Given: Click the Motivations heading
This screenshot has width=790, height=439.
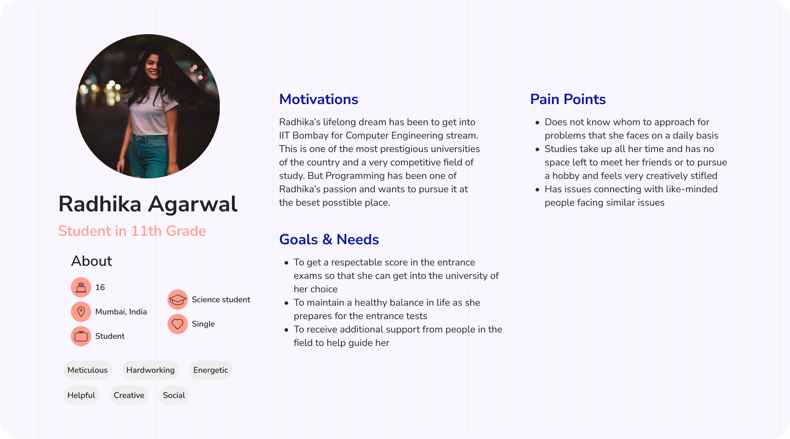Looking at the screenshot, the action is point(318,99).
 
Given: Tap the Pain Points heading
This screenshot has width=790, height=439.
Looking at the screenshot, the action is point(568,99).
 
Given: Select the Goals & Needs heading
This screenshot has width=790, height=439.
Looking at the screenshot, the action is point(329,239).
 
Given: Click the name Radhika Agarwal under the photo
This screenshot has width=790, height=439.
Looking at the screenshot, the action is point(148,204).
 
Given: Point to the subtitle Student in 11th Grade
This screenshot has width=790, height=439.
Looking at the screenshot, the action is point(132,231).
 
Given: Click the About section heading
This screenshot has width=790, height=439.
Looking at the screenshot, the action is point(91,261).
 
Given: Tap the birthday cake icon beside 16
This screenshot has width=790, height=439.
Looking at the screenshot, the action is point(81,287).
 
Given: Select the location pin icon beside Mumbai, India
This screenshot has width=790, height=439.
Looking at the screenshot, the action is point(81,312).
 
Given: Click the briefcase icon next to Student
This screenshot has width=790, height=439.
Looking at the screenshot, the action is point(81,336).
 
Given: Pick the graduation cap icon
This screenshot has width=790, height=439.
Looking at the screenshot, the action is point(177,300).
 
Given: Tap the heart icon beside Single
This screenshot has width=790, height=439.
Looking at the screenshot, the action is point(177,324).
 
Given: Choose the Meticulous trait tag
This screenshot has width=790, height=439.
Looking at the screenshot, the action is point(87,370).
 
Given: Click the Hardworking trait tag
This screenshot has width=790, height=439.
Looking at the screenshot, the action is point(150,370).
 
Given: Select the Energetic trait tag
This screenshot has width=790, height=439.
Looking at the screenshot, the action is point(210,370).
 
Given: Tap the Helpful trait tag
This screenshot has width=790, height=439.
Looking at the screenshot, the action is point(81,396).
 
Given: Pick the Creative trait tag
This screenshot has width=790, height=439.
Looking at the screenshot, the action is point(129,396).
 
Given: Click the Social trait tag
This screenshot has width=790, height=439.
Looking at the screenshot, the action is point(174,396).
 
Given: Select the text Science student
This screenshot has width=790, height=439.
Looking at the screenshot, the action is point(221,300).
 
